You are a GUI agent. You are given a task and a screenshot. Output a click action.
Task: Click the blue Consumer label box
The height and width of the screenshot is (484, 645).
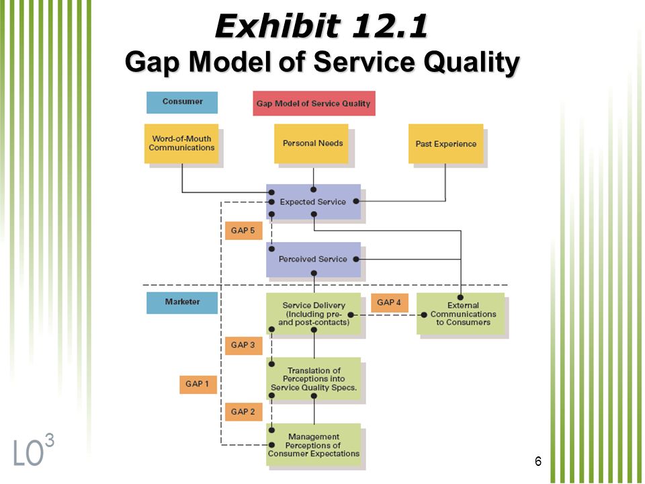tap(182, 102)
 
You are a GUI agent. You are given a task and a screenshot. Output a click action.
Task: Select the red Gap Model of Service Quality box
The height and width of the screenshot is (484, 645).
tap(314, 104)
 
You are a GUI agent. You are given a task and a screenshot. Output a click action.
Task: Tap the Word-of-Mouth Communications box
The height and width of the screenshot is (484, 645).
tap(181, 144)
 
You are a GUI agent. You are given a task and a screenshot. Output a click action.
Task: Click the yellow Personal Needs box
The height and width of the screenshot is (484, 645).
tap(311, 144)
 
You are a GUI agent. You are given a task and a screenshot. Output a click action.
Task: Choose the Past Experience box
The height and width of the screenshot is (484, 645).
tap(446, 144)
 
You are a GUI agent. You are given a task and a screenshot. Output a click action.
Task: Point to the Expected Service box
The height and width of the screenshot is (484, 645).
tap(314, 202)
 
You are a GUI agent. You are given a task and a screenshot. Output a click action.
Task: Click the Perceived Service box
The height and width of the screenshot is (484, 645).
tap(314, 259)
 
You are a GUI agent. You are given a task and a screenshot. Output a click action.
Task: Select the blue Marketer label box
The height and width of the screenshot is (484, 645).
tap(182, 302)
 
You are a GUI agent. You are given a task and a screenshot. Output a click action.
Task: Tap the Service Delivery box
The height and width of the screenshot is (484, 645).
tap(314, 314)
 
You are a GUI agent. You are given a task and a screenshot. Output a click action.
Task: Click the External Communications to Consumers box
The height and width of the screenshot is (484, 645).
tap(461, 314)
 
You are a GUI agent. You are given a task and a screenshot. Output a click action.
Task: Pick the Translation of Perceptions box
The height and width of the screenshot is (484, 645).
tap(314, 378)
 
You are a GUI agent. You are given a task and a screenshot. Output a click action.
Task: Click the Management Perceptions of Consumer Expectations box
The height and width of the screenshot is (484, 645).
tap(314, 444)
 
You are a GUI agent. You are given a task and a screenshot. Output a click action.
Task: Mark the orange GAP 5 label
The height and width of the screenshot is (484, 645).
tap(243, 231)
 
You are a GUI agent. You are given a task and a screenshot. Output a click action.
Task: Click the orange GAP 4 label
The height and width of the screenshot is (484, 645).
tap(390, 302)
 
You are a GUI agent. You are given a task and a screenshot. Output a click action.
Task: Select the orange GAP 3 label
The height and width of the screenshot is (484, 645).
tap(243, 346)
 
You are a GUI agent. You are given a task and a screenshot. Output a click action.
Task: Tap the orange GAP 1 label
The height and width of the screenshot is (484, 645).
tap(198, 385)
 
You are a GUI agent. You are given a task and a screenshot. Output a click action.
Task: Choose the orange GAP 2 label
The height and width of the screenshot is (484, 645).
tap(243, 411)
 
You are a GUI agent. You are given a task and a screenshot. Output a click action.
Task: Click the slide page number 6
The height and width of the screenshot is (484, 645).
tap(538, 461)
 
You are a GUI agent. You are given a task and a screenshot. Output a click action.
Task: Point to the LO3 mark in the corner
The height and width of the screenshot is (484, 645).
tap(34, 450)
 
